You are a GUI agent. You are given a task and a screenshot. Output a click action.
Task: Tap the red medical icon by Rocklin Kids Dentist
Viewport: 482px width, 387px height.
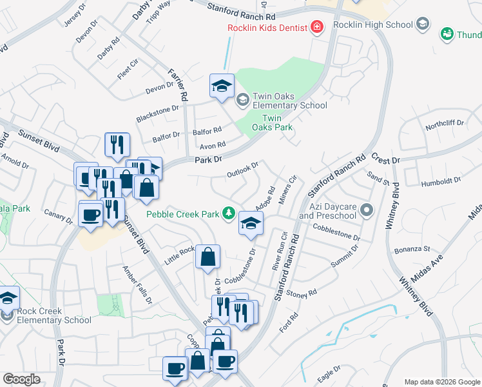click(316, 27)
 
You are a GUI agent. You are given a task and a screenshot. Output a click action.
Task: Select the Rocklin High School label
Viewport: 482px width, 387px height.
click(372, 25)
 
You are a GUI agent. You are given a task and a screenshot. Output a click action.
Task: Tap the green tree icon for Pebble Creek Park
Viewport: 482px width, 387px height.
click(227, 212)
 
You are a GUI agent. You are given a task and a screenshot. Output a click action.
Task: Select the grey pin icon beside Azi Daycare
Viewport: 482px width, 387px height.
click(367, 210)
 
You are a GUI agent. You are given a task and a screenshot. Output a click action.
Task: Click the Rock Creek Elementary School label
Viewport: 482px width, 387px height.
click(46, 315)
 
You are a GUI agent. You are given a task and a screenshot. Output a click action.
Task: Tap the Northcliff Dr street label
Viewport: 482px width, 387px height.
click(444, 123)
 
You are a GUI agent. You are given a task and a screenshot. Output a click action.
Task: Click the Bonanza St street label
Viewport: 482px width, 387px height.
click(412, 248)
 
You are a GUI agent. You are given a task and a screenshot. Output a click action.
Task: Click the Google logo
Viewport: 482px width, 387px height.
click(22, 379)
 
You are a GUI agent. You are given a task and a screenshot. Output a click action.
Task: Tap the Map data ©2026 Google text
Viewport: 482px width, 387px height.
click(442, 382)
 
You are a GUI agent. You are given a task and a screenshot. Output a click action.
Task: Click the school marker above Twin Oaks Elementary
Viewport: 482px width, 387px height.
click(222, 86)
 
